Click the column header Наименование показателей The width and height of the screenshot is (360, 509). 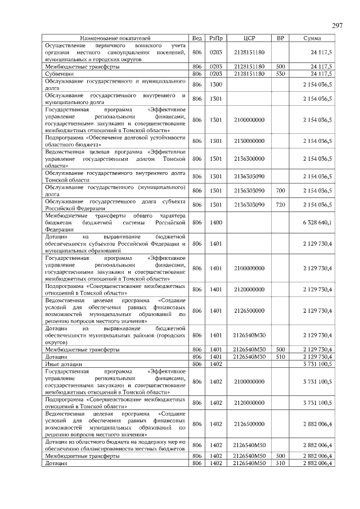115,38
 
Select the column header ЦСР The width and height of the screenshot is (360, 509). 250,38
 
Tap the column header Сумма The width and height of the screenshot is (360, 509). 312,38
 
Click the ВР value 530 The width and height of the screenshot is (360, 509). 281,73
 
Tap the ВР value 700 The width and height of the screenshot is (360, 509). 281,191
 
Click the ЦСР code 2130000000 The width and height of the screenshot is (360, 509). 250,141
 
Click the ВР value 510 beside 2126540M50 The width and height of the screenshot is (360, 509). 281,463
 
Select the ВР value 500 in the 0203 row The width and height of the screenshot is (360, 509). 281,66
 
